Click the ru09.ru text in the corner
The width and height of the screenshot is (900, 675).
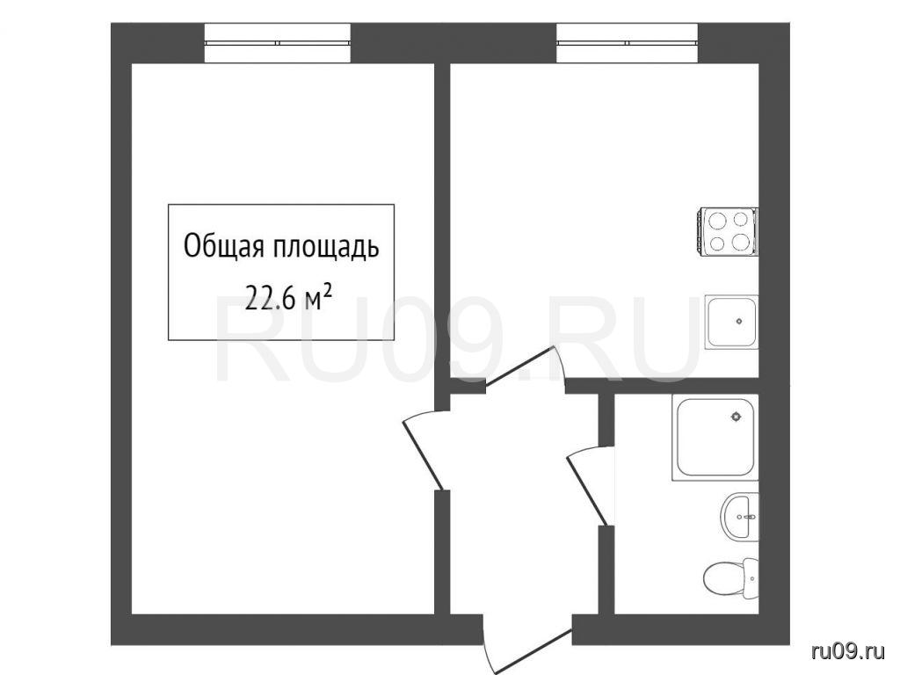click(850, 651)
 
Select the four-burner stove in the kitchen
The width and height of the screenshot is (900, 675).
click(728, 231)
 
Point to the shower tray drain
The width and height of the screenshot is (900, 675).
click(736, 417)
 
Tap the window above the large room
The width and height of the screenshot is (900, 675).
click(278, 42)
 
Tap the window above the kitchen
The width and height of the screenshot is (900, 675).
click(628, 42)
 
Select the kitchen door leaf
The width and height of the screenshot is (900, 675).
click(519, 365)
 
